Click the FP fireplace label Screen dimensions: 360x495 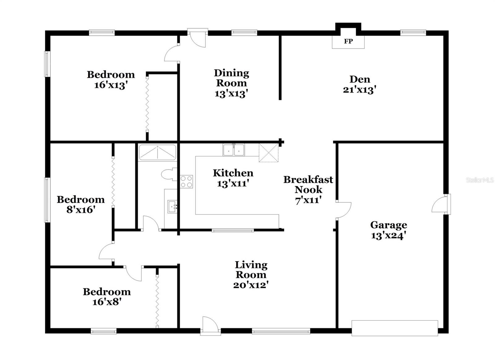pyautogui.click(x=348, y=41)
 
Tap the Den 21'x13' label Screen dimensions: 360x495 pyautogui.click(x=359, y=84)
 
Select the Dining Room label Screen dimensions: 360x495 pyautogui.click(x=232, y=83)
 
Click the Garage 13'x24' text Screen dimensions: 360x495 pyautogui.click(x=389, y=230)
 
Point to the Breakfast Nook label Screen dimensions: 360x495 pyautogui.click(x=308, y=189)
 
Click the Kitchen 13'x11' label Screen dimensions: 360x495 pyautogui.click(x=233, y=178)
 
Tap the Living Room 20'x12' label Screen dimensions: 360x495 pyautogui.click(x=251, y=274)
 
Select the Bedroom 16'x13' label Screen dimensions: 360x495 pyautogui.click(x=111, y=80)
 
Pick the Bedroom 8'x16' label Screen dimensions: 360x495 pyautogui.click(x=80, y=204)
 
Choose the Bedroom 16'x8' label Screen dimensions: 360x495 pyautogui.click(x=107, y=297)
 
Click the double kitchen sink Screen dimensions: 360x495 pyautogui.click(x=234, y=150)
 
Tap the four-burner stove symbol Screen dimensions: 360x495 pyautogui.click(x=187, y=182)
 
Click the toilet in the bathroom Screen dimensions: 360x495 pyautogui.click(x=169, y=174)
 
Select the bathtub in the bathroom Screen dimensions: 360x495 pyautogui.click(x=157, y=152)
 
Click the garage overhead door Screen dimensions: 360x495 pyautogui.click(x=395, y=328)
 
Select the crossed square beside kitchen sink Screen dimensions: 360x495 pyautogui.click(x=269, y=153)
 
